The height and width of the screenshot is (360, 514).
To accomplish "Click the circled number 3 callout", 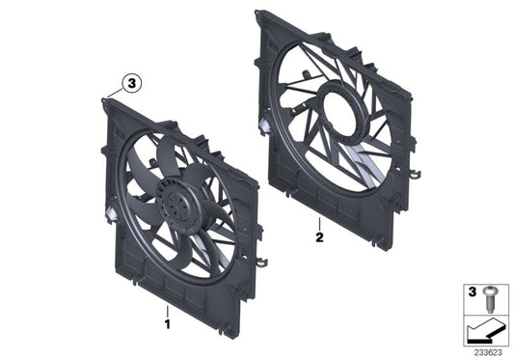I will (x=131, y=84).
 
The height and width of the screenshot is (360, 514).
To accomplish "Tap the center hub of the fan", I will (x=177, y=201).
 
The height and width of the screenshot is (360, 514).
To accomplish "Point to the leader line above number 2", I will (x=319, y=214).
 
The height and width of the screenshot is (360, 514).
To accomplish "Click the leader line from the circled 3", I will (x=118, y=93).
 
